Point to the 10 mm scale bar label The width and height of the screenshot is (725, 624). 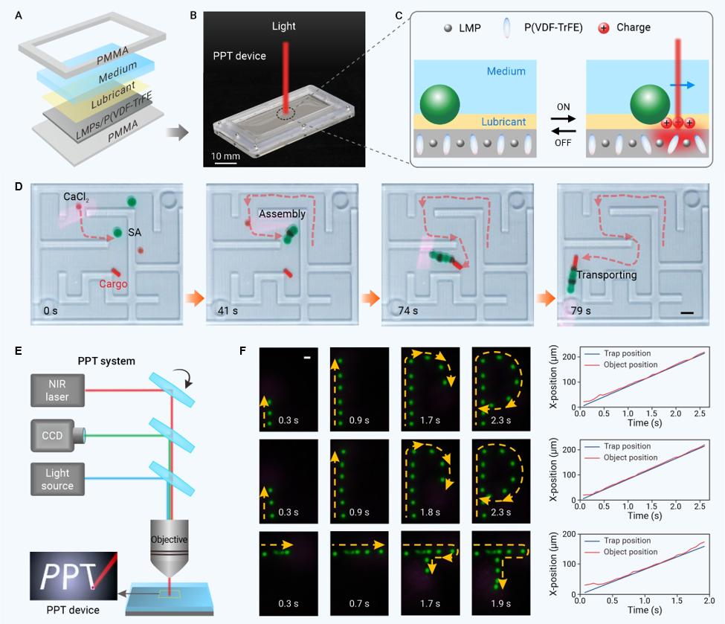[224, 155]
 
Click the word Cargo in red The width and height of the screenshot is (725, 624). [114, 283]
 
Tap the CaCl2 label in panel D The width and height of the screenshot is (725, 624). [77, 196]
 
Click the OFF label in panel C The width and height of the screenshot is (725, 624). [563, 141]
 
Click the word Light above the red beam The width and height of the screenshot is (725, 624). [283, 26]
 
